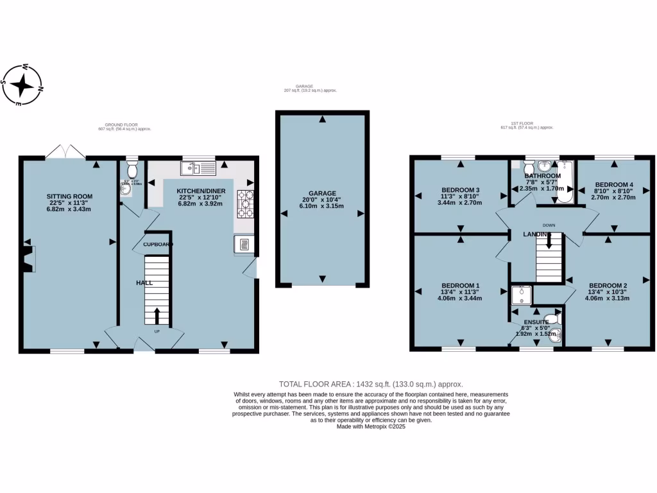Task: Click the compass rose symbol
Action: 22,85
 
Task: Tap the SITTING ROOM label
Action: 69,196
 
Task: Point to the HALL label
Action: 144,282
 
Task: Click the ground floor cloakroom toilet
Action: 132,171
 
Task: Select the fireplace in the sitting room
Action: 29,258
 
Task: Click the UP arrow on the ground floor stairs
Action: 157,316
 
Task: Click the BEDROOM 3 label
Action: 460,189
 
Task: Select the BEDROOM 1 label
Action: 460,285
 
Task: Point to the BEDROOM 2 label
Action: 608,286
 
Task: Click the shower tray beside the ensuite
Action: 521,294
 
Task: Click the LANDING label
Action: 536,234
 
